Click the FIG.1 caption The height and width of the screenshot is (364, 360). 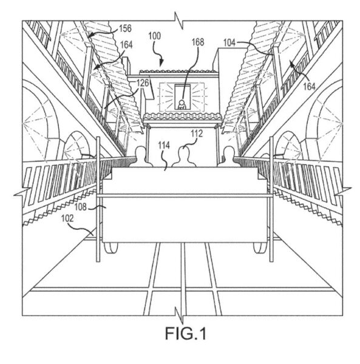point(185,333)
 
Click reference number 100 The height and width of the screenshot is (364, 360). point(155,36)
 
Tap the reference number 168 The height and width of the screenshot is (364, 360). point(198,42)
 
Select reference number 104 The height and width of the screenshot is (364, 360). point(229,43)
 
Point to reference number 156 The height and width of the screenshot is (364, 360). point(126,29)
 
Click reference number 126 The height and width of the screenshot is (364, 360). point(143,83)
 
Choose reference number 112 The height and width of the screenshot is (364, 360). point(197,133)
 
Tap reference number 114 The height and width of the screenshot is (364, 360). point(164,146)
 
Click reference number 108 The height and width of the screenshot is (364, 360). point(80,207)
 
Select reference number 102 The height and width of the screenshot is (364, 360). point(67,218)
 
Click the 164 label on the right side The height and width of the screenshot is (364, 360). point(310,87)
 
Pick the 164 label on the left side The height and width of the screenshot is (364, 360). point(126,45)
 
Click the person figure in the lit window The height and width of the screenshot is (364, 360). point(182,105)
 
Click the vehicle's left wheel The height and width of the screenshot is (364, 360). point(111,248)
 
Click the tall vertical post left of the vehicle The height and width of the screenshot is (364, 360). point(98,199)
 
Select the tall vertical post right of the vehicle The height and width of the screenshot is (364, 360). point(271,199)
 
